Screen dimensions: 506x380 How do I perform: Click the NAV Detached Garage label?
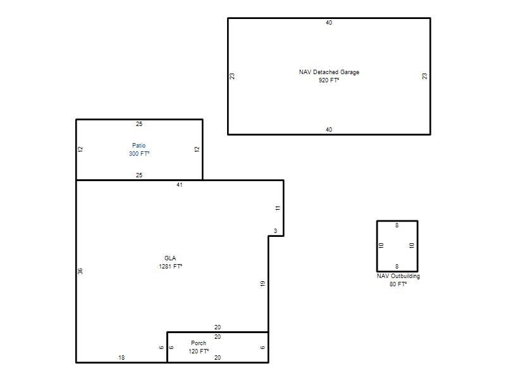(x=329, y=72)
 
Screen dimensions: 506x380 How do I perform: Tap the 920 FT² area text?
(x=329, y=80)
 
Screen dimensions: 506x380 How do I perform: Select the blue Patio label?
(x=139, y=146)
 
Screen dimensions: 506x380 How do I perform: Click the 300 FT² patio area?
(x=139, y=153)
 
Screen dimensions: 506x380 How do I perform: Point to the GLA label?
(x=170, y=258)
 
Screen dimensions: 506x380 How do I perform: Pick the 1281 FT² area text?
(x=170, y=266)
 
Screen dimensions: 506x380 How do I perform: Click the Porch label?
(x=199, y=343)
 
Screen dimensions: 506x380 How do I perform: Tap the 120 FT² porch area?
(x=199, y=351)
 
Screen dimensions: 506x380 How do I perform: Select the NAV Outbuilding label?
(x=398, y=276)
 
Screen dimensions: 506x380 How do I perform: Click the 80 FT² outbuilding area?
(x=398, y=284)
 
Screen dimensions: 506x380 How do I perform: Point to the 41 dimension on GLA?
(x=180, y=185)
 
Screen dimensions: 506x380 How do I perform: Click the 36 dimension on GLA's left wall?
(x=80, y=271)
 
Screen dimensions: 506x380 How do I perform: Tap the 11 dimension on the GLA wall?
(x=278, y=208)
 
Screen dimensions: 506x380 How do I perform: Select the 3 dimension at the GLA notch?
(x=275, y=231)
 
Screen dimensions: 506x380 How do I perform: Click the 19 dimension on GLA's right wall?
(x=262, y=283)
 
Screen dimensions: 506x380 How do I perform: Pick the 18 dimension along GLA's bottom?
(x=121, y=357)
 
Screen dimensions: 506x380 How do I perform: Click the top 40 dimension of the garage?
(x=329, y=23)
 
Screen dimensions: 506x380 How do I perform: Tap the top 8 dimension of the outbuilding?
(x=397, y=225)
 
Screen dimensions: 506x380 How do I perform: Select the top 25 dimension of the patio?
(x=139, y=123)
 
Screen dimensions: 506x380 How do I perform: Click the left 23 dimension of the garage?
(x=232, y=76)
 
